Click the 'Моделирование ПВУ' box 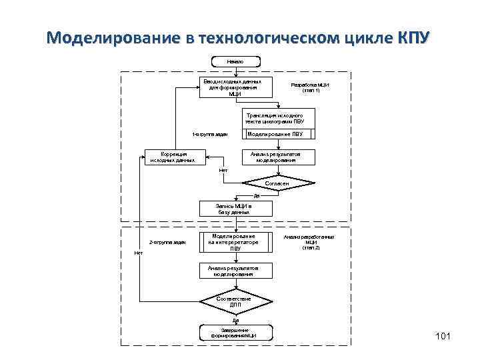[x=275, y=134]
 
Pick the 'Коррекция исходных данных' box [x=173, y=157]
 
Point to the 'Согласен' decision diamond [x=277, y=182]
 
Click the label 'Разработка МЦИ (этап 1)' [x=310, y=87]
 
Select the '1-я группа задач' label [x=210, y=135]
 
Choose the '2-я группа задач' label [x=167, y=243]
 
